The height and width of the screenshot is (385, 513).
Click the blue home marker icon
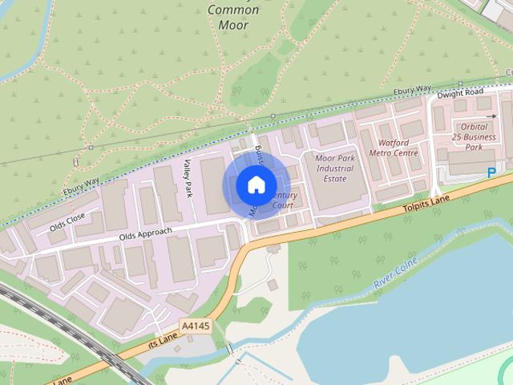point(255,184)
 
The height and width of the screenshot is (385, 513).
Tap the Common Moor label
point(232,17)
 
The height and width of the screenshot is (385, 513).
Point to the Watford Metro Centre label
point(393,148)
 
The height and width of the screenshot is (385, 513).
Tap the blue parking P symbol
point(491,172)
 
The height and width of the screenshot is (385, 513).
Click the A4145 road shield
point(196,326)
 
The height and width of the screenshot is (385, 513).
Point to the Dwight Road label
point(460,94)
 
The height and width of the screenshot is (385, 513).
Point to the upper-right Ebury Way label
point(413,91)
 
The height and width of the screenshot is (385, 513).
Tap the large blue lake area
point(401,321)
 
